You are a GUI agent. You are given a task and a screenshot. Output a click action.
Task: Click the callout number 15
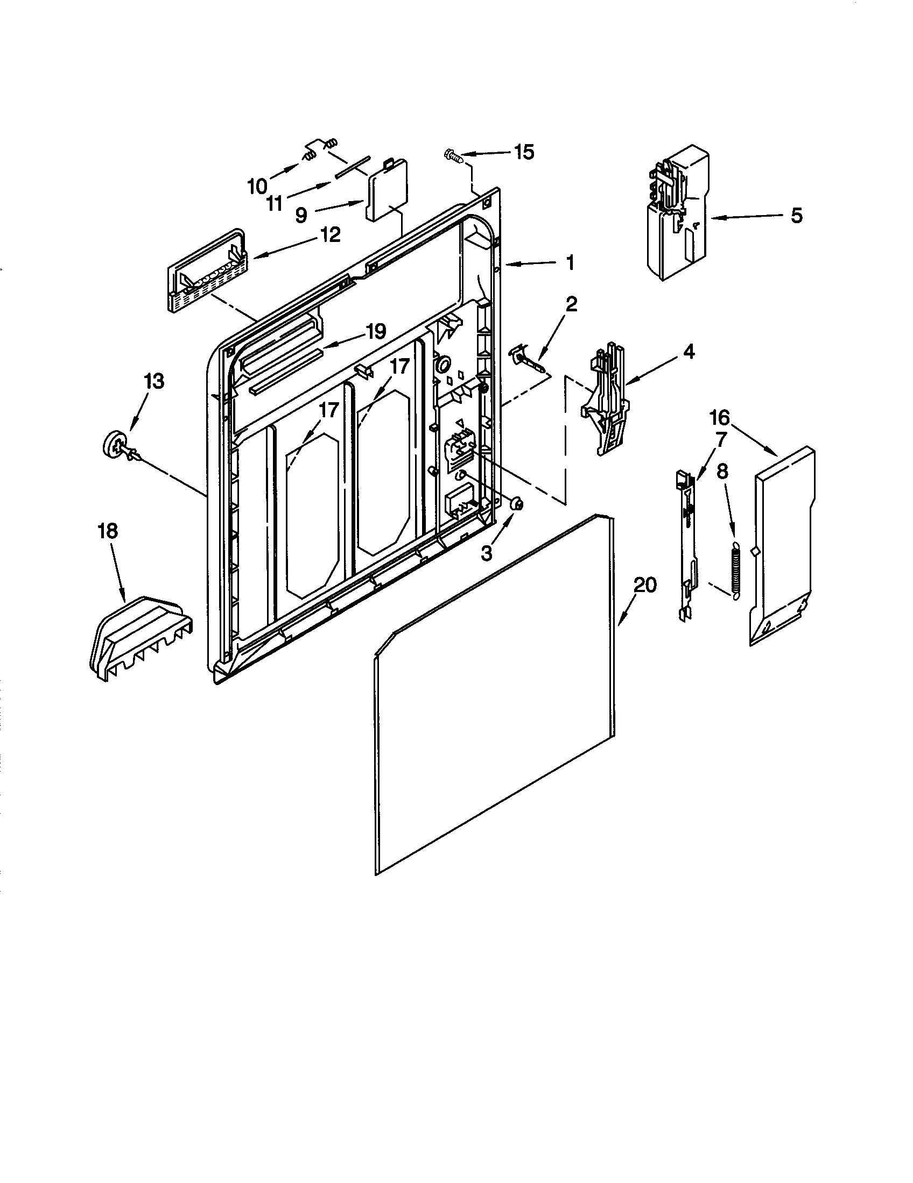click(x=523, y=152)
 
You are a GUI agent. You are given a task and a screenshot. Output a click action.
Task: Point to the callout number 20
click(x=645, y=585)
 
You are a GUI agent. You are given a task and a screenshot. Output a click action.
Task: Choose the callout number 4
click(x=687, y=352)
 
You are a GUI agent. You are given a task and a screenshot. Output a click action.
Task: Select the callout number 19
click(x=375, y=331)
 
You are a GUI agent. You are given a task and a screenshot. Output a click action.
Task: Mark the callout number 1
click(x=570, y=263)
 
